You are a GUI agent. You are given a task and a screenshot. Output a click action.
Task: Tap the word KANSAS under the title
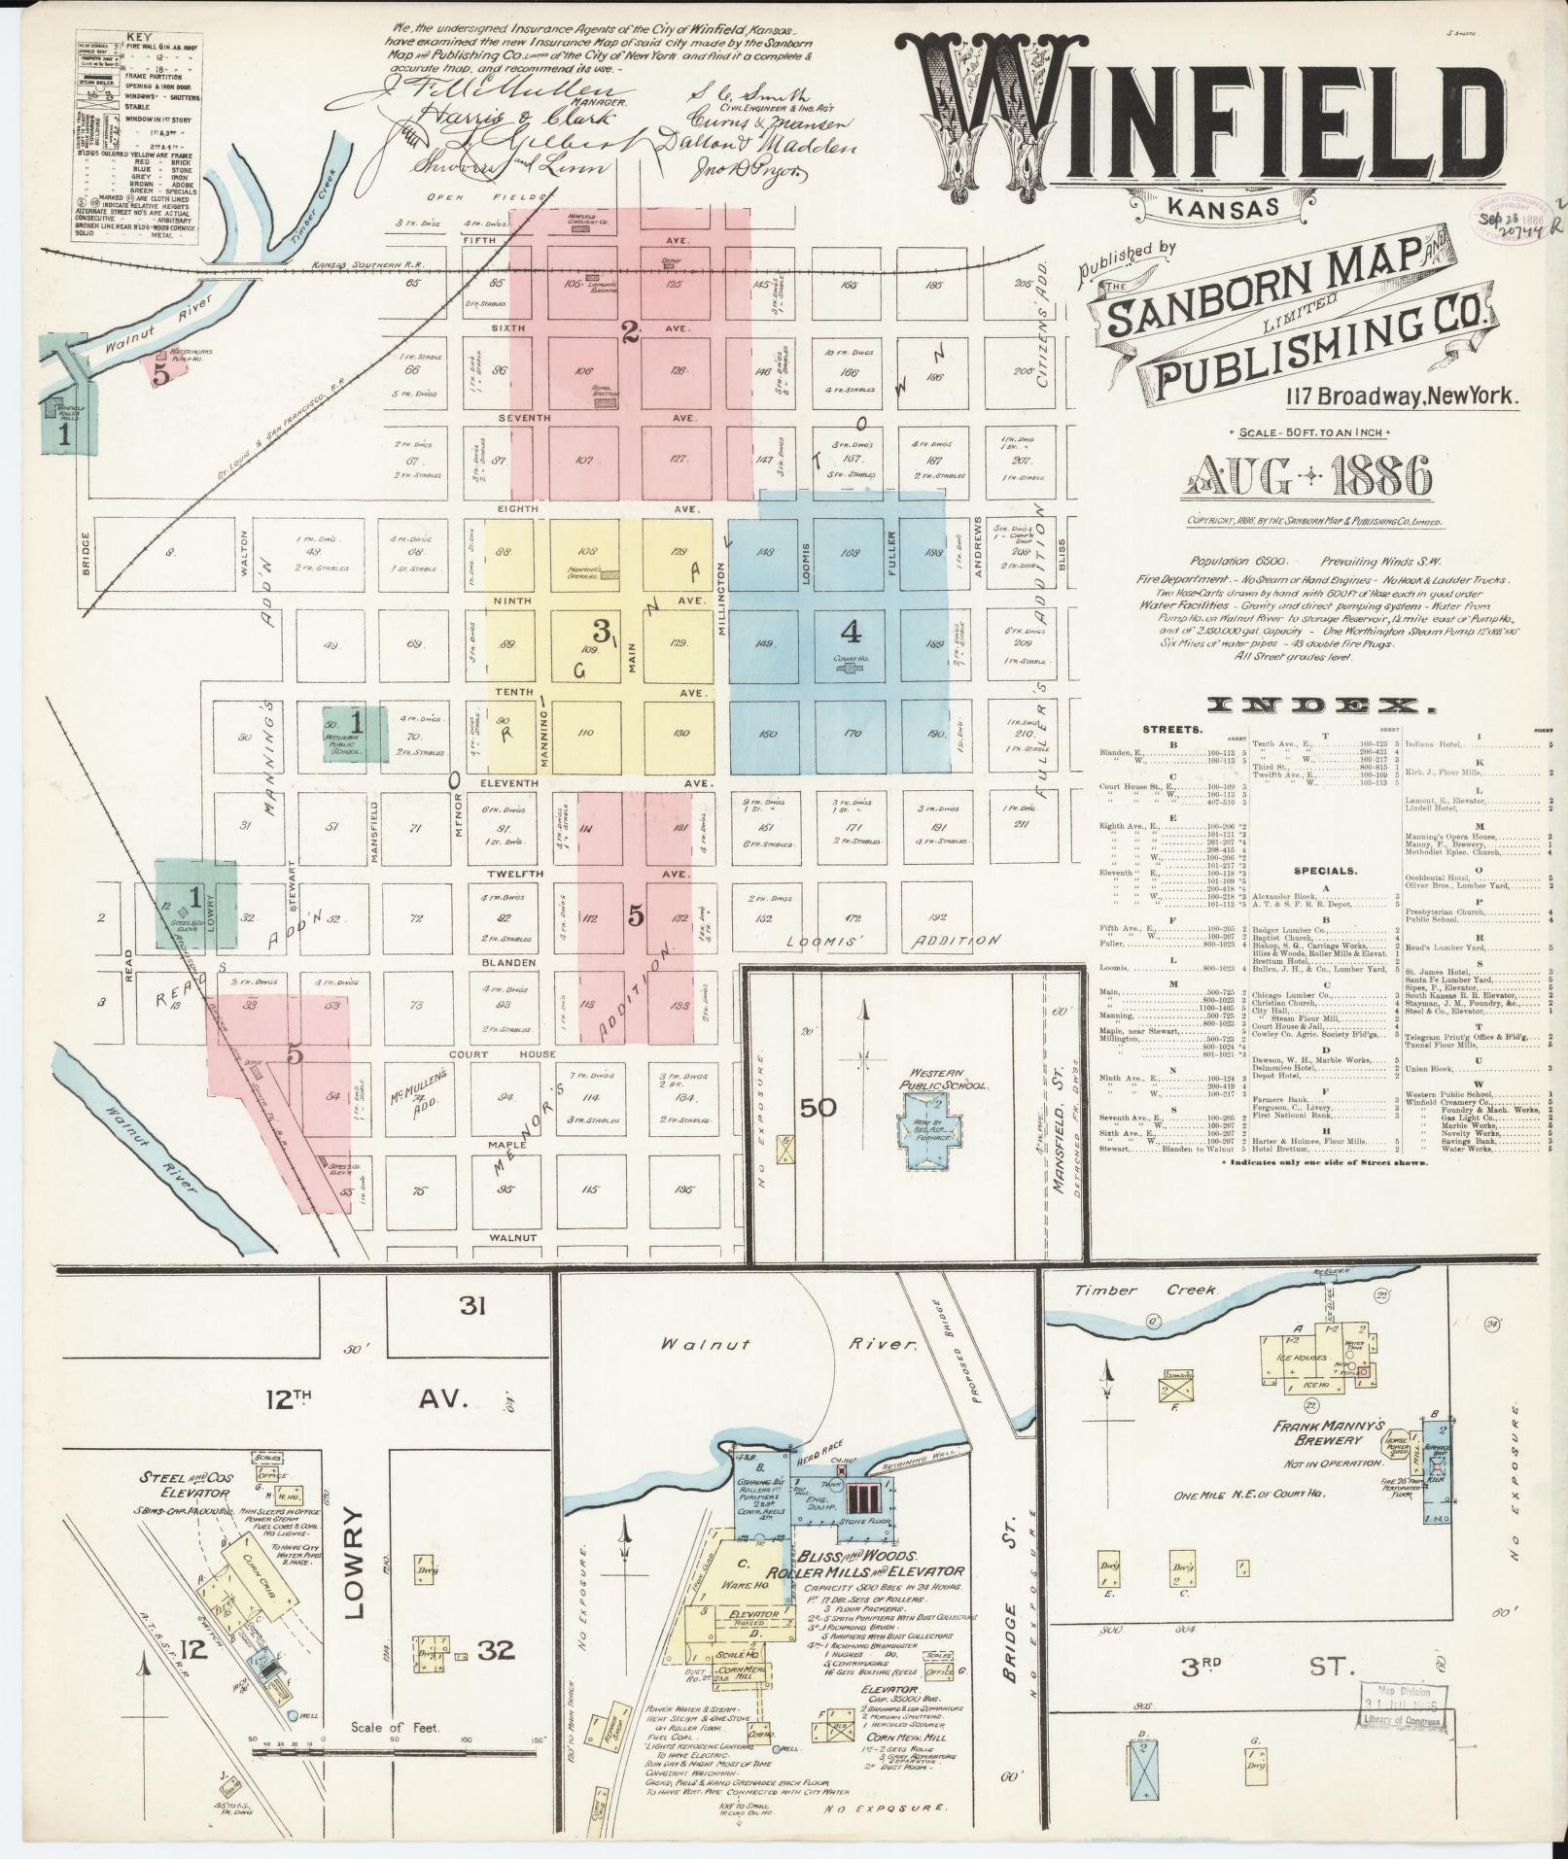point(1222,207)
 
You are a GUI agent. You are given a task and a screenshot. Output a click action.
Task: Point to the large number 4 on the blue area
point(851,633)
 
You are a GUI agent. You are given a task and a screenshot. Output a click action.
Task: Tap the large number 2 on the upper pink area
point(629,333)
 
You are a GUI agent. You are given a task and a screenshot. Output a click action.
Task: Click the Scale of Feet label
point(396,1728)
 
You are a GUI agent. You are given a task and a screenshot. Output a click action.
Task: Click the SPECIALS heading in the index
point(1325,871)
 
